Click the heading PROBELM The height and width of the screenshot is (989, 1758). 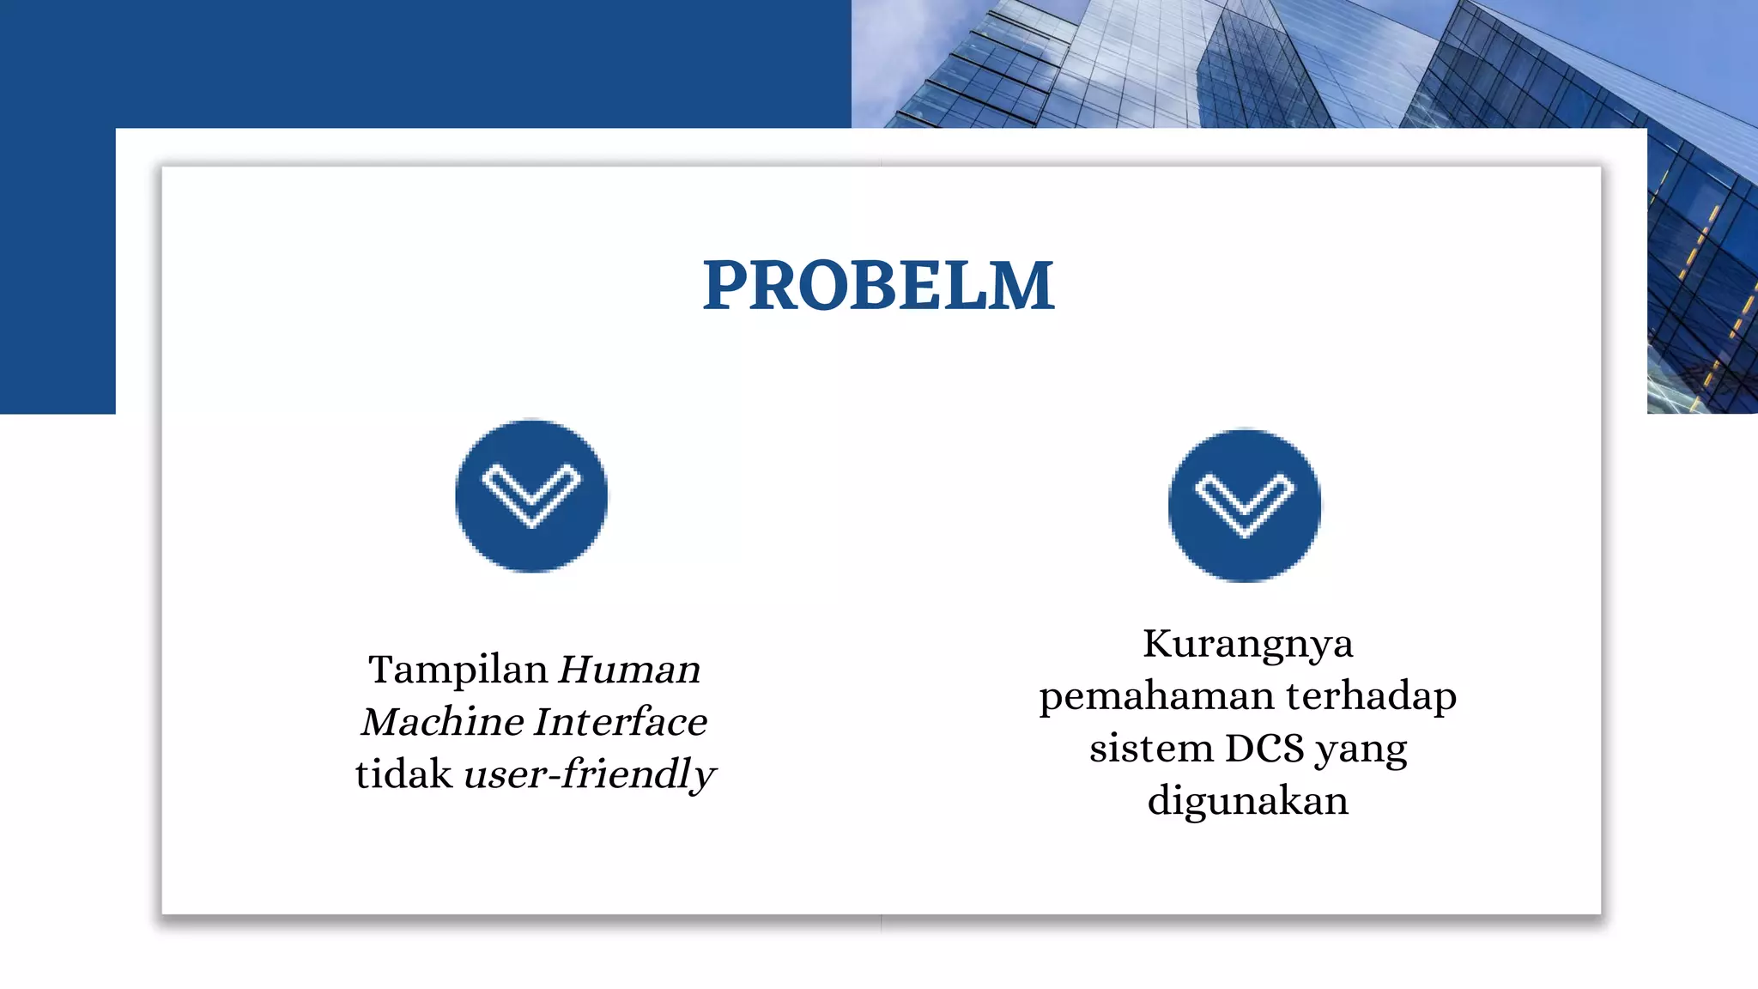click(878, 285)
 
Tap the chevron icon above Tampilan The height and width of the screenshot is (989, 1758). click(531, 496)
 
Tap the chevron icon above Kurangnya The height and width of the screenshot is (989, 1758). click(1245, 506)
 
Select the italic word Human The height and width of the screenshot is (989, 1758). click(629, 670)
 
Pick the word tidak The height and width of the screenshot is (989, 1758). click(403, 774)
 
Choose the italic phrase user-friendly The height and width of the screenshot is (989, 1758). click(589, 774)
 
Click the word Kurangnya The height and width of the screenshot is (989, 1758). click(1247, 645)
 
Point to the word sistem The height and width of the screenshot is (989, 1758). click(1150, 749)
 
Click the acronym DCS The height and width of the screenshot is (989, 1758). click(1264, 749)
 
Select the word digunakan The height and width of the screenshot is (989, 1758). click(1247, 802)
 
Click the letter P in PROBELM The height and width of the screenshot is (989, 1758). click(727, 285)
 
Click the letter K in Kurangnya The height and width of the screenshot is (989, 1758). click(1158, 644)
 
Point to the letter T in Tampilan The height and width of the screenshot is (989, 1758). click(380, 669)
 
